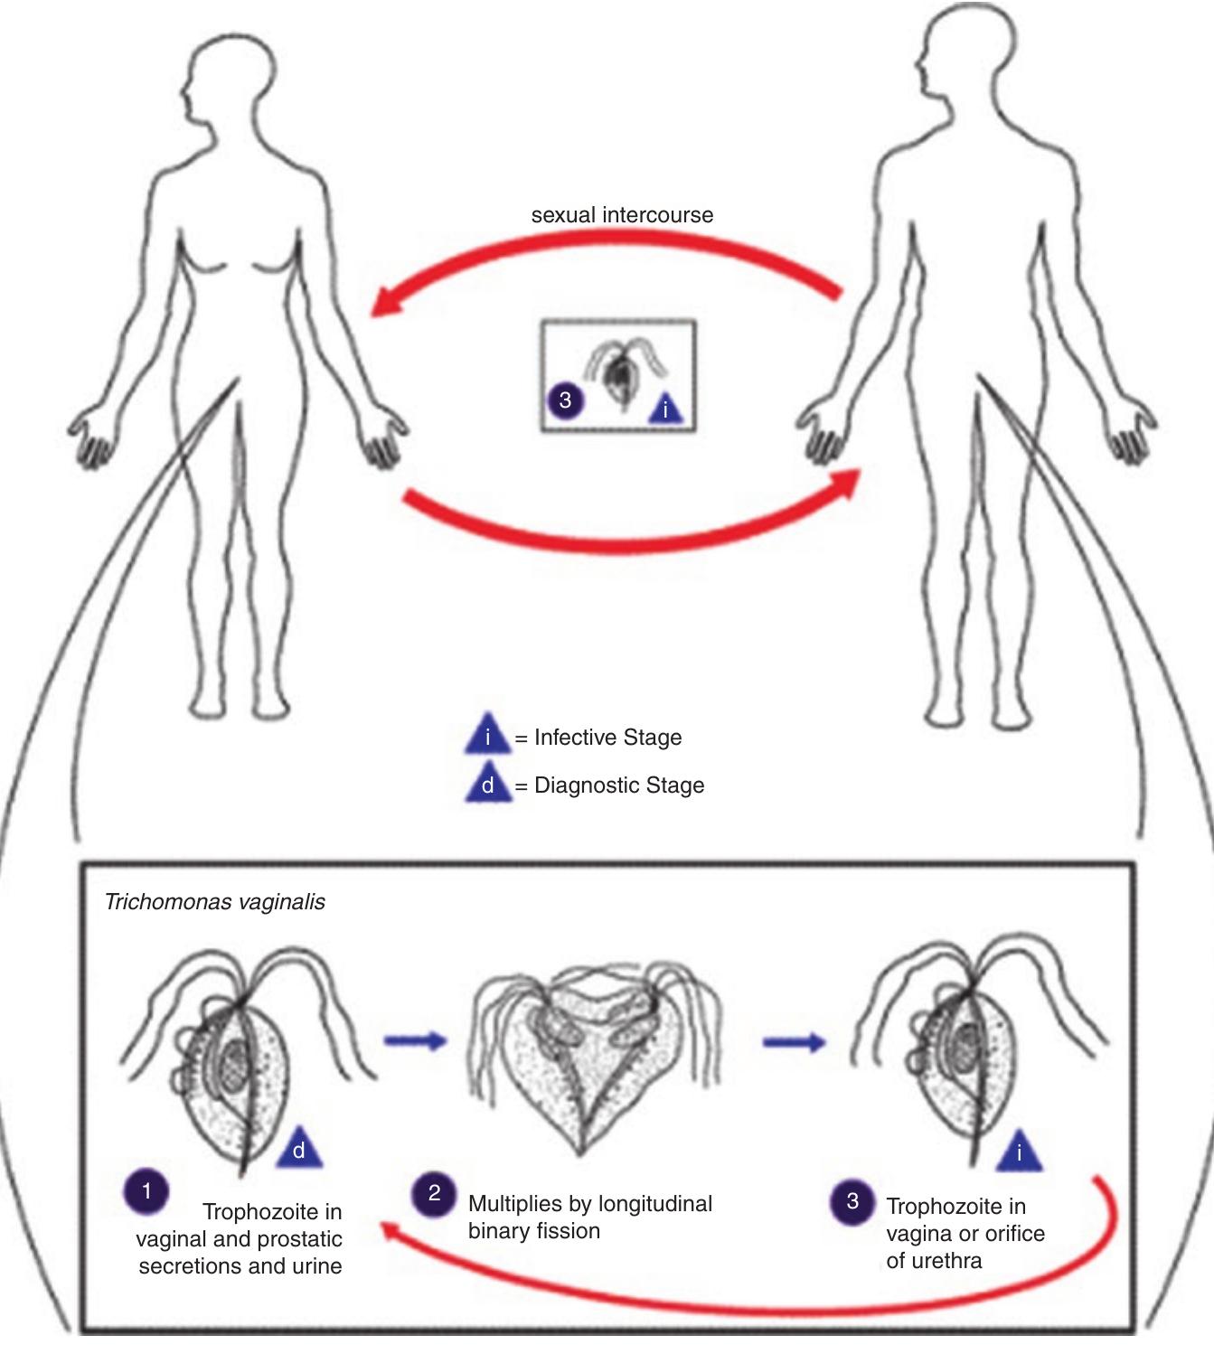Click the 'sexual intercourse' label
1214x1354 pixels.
pyautogui.click(x=622, y=215)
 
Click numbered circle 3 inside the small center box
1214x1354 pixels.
pyautogui.click(x=565, y=400)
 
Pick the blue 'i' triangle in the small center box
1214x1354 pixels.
pyautogui.click(x=666, y=409)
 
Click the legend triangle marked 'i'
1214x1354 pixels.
pyautogui.click(x=488, y=736)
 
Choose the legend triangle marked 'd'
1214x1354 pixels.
pyautogui.click(x=488, y=784)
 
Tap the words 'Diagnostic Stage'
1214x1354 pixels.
pyautogui.click(x=619, y=785)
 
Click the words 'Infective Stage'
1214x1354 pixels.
pyautogui.click(x=607, y=737)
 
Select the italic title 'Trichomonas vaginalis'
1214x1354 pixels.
pyautogui.click(x=215, y=901)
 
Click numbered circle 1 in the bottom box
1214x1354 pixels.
pyautogui.click(x=146, y=1190)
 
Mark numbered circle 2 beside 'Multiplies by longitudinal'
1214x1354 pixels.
pyautogui.click(x=434, y=1193)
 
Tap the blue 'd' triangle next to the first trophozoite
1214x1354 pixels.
pyautogui.click(x=299, y=1151)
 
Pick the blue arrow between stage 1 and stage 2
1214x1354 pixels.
pyautogui.click(x=415, y=1041)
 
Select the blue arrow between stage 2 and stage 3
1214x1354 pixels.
pyautogui.click(x=794, y=1043)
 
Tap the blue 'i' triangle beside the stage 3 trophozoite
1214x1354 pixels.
pyautogui.click(x=1020, y=1152)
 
